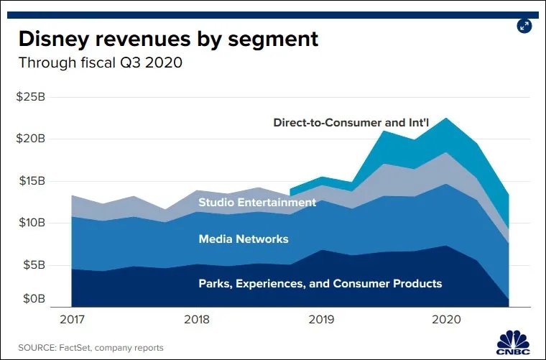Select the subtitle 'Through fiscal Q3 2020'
pyautogui.click(x=100, y=63)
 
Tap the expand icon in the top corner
pyautogui.click(x=524, y=26)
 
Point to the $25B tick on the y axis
pyautogui.click(x=30, y=96)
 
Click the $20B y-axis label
pyautogui.click(x=30, y=139)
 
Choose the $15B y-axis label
pyautogui.click(x=30, y=180)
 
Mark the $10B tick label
pyautogui.click(x=30, y=223)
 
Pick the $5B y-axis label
pyautogui.click(x=33, y=264)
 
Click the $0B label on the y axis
pyautogui.click(x=33, y=298)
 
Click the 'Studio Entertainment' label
pyautogui.click(x=257, y=203)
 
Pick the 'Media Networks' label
pyautogui.click(x=244, y=239)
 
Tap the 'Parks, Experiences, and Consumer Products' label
pyautogui.click(x=320, y=283)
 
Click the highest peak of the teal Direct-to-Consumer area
pyautogui.click(x=448, y=119)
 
